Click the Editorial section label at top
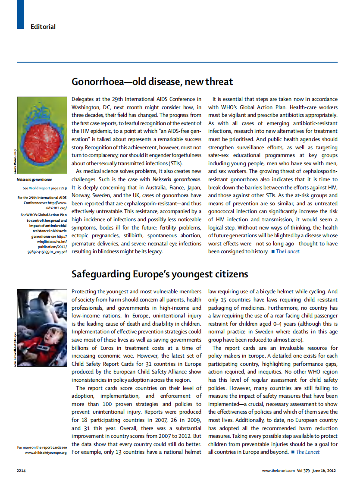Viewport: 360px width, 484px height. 43,27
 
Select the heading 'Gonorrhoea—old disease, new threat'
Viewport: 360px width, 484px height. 152,82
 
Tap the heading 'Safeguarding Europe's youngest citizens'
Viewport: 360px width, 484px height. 160,274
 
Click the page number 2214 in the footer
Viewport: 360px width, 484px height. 22,470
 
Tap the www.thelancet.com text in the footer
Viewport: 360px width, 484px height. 278,470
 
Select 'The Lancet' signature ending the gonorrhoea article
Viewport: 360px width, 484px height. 287,251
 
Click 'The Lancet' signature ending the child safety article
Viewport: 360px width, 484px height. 308,452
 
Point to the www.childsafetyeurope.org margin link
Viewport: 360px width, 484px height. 46,453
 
